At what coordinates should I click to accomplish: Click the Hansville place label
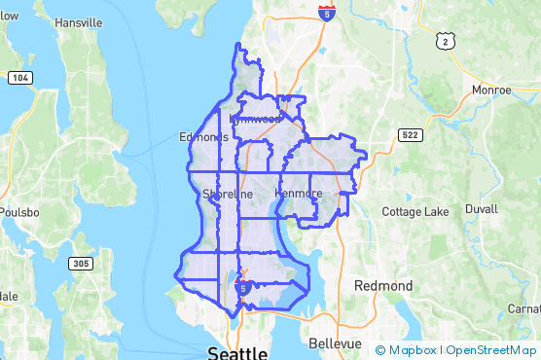[x=79, y=21]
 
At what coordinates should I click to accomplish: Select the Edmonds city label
[x=203, y=137]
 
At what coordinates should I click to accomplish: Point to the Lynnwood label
[x=255, y=119]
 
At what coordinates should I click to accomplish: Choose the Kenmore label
[x=299, y=194]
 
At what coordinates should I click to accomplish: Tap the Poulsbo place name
[x=18, y=212]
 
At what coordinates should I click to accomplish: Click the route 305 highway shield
[x=81, y=264]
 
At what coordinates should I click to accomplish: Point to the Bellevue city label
[x=334, y=343]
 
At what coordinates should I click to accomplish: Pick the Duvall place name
[x=481, y=209]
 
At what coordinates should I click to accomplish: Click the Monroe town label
[x=490, y=90]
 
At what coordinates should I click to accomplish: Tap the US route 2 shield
[x=445, y=40]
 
